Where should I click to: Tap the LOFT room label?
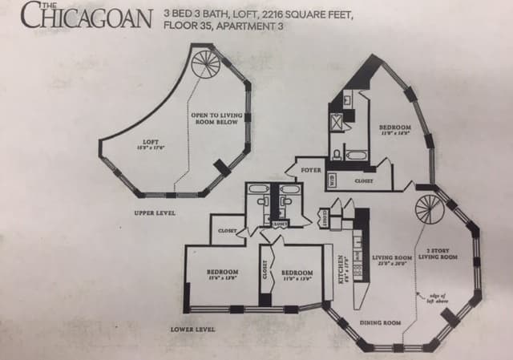coord(151,144)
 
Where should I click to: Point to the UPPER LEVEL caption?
coord(156,212)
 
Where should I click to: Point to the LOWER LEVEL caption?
coord(192,330)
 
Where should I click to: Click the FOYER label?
coord(311,171)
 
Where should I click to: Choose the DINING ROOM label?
coord(381,322)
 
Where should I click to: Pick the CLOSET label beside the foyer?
coord(364,181)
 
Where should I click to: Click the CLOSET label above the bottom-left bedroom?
coord(227,231)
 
